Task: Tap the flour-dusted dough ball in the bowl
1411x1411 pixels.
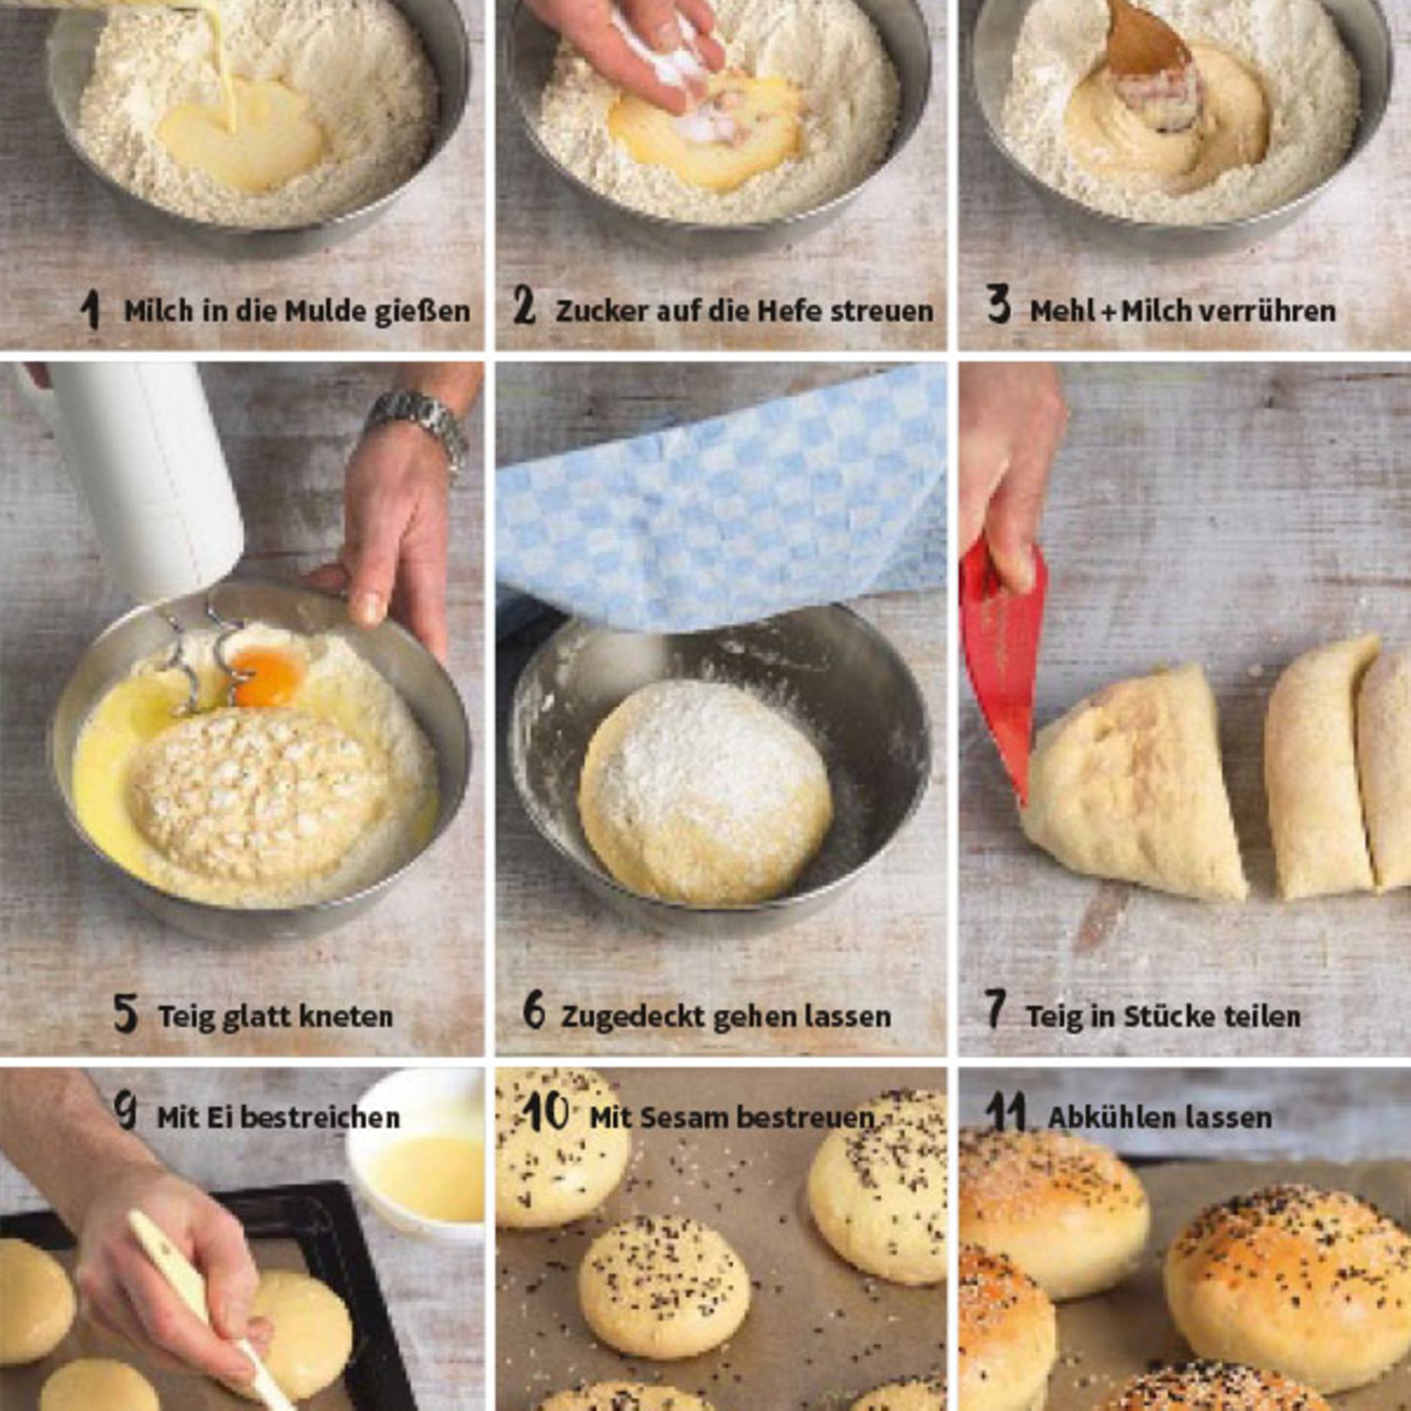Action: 705,793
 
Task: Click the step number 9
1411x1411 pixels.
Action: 126,1109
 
